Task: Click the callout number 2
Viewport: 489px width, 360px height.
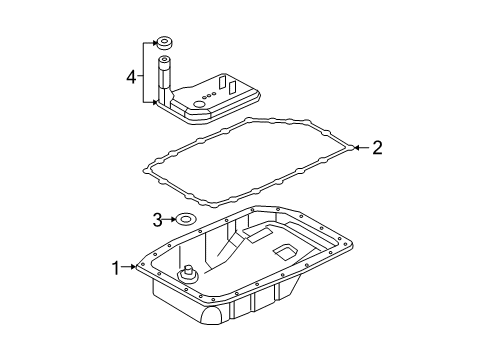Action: click(376, 149)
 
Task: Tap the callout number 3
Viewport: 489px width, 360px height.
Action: click(157, 218)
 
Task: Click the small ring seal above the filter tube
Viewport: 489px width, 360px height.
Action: click(162, 43)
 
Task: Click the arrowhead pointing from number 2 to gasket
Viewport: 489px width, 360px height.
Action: click(355, 149)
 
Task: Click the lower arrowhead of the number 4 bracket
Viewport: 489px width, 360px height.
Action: click(152, 101)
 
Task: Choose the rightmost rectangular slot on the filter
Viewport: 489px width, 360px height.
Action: click(236, 87)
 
